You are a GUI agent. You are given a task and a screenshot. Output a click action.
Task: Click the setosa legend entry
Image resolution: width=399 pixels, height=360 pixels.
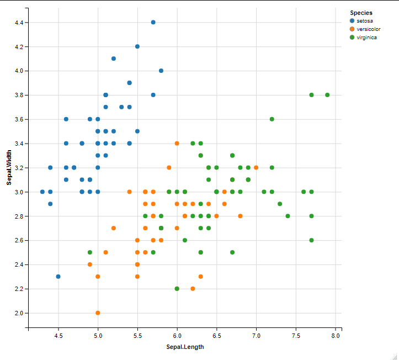(365, 21)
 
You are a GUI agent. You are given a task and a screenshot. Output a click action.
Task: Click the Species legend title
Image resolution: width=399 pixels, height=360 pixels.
(361, 13)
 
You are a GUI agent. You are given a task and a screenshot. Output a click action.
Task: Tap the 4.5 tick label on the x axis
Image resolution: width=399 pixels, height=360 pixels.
(58, 335)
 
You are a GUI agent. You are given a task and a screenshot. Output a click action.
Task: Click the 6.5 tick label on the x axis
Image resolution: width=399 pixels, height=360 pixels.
(217, 335)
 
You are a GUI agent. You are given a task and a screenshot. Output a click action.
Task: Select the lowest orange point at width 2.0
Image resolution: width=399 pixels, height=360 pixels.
(98, 313)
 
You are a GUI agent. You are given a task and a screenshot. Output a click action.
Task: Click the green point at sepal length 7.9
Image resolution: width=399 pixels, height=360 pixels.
(327, 95)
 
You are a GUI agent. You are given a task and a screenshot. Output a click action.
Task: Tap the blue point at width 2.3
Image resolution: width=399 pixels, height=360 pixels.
(58, 277)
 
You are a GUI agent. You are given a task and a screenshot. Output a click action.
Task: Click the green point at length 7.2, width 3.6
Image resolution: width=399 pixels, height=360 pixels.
(272, 119)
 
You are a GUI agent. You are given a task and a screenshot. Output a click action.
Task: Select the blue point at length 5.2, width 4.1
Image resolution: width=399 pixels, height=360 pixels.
(114, 59)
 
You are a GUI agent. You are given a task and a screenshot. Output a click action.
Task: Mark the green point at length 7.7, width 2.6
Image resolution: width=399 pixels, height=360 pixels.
(311, 240)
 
